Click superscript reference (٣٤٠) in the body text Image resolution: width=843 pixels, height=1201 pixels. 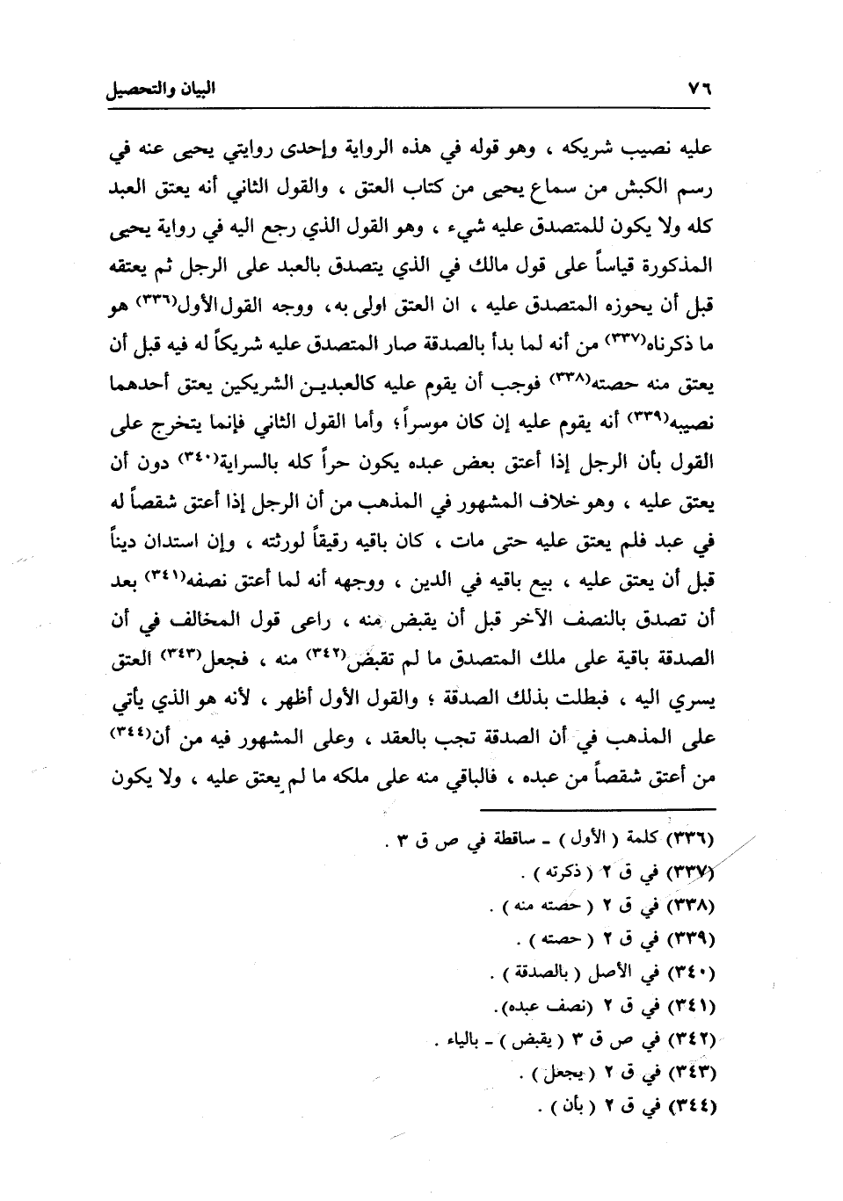(x=207, y=454)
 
